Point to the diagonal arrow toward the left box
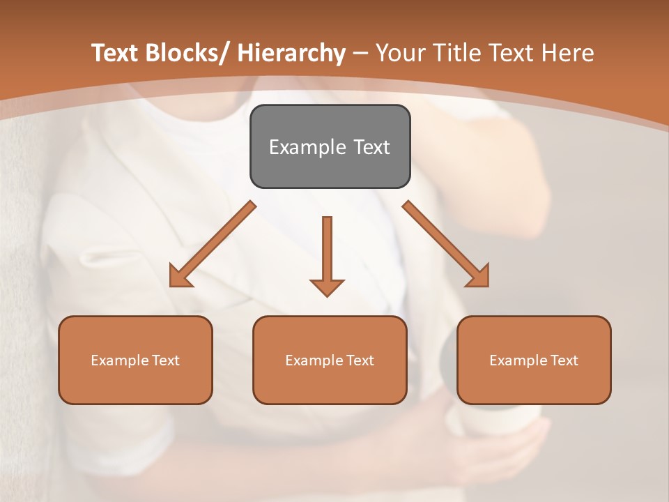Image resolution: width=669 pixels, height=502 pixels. (213, 244)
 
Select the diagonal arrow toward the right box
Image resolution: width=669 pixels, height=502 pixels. (446, 244)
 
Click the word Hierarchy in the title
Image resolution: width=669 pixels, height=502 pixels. (291, 53)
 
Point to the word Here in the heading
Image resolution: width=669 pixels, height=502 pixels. (569, 53)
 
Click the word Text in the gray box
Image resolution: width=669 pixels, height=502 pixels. (371, 147)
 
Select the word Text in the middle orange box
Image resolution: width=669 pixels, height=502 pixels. (360, 360)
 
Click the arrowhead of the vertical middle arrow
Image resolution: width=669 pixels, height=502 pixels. (327, 287)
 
